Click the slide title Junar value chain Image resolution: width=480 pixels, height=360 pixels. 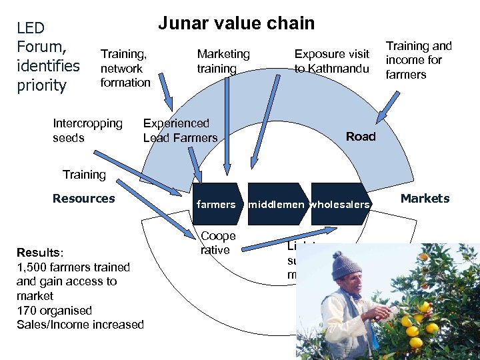pyautogui.click(x=236, y=23)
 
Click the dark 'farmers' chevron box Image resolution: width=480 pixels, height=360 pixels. pyautogui.click(x=216, y=204)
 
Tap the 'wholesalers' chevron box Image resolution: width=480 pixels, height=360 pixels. pyautogui.click(x=339, y=204)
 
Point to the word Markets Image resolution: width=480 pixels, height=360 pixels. pyautogui.click(x=425, y=198)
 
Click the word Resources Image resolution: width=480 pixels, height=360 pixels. pyautogui.click(x=83, y=198)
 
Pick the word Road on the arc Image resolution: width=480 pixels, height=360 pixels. pyautogui.click(x=361, y=136)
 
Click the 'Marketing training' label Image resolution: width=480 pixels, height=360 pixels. pyautogui.click(x=223, y=61)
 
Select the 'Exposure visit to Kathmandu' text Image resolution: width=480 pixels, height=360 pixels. pyautogui.click(x=331, y=61)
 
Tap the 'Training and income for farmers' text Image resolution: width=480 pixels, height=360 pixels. pyautogui.click(x=419, y=60)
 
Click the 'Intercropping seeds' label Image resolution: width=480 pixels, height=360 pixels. pyautogui.click(x=87, y=130)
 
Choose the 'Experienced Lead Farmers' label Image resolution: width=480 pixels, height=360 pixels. pyautogui.click(x=180, y=130)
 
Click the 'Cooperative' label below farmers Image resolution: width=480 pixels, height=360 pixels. pyautogui.click(x=218, y=243)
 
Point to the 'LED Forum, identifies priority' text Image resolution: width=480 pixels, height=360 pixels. pyautogui.click(x=47, y=56)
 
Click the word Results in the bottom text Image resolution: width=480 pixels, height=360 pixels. pyautogui.click(x=39, y=253)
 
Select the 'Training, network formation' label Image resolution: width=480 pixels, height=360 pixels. pyautogui.click(x=125, y=68)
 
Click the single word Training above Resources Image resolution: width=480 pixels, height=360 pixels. pyautogui.click(x=84, y=174)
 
